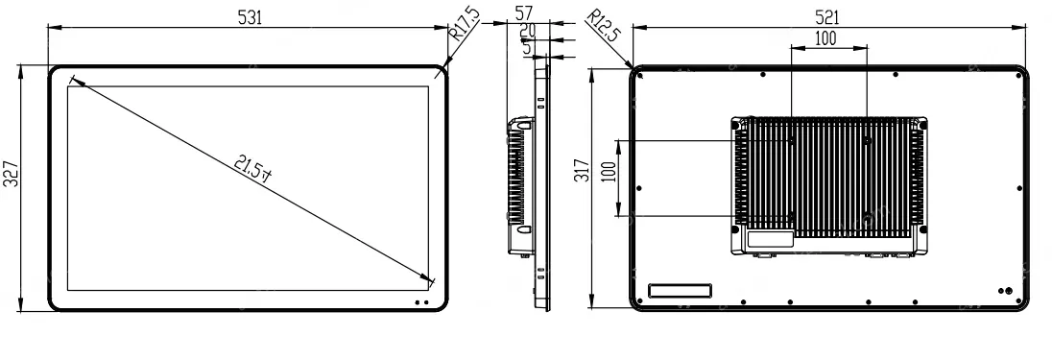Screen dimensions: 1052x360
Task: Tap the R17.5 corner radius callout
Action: point(465,25)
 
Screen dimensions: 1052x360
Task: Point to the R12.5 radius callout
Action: point(603,26)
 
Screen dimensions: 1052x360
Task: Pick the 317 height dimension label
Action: point(582,170)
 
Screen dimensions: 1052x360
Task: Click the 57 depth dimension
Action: point(524,13)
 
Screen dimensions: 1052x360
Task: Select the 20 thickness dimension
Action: point(527,30)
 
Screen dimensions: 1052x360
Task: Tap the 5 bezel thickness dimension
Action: point(527,47)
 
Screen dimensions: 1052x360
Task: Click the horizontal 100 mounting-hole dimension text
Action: point(825,39)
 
